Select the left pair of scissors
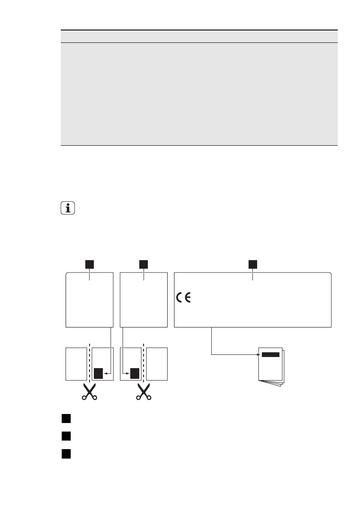[89, 391]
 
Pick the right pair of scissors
[144, 391]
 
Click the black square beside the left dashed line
[99, 373]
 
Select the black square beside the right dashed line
[135, 373]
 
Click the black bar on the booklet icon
[270, 354]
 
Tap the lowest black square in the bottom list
[65, 453]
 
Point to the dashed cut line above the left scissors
[89, 362]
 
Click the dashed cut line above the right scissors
[144, 362]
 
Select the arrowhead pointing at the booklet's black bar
[259, 354]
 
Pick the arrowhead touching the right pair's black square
[129, 373]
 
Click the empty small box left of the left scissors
[76, 364]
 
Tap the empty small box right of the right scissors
[157, 364]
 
